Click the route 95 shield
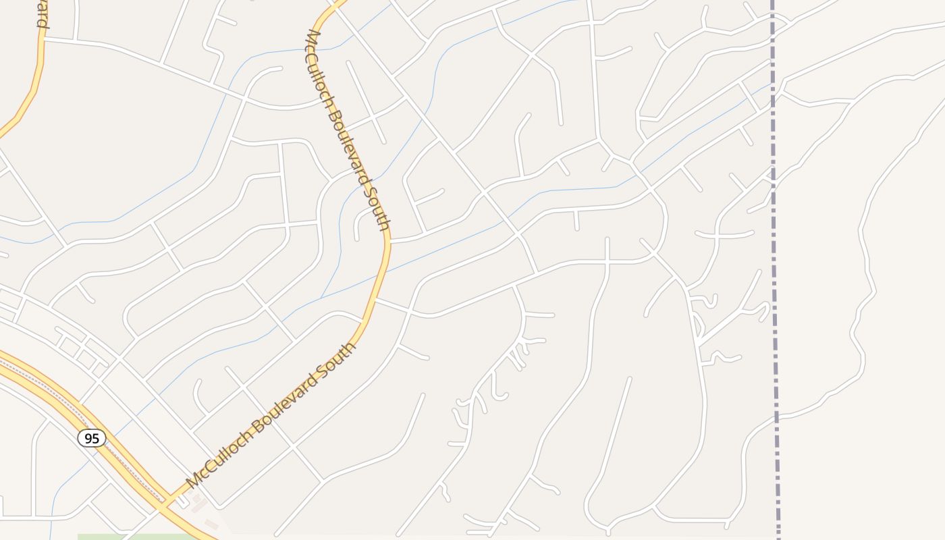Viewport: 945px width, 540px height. coord(92,438)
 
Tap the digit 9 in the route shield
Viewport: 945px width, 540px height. coord(88,438)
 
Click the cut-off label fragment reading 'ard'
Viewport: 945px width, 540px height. coord(42,15)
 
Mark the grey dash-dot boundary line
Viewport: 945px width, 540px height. coord(775,270)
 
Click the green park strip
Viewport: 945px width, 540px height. coord(135,537)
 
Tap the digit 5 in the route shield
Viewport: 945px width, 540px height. coord(96,438)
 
